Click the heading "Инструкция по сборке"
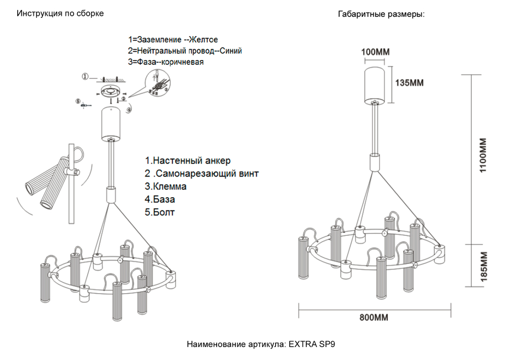coord(60,13)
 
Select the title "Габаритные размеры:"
coord(381,14)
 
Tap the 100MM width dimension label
coord(376,52)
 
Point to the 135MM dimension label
coord(409,83)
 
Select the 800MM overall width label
coord(374,317)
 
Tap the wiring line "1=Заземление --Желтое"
coord(173,40)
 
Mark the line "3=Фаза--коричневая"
coord(165,62)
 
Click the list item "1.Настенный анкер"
coord(187,160)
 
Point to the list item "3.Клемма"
coord(166,186)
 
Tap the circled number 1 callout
coord(85,77)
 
